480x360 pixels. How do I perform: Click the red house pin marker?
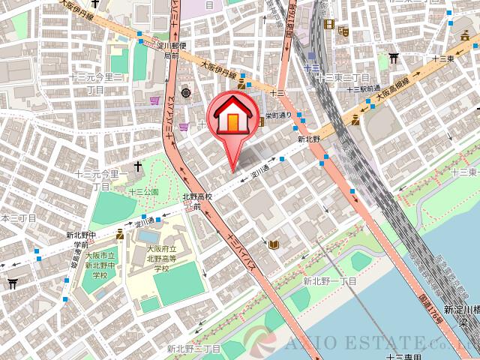click(x=233, y=116)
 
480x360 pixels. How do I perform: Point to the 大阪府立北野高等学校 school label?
click(x=161, y=258)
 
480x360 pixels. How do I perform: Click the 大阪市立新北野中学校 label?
click(x=100, y=265)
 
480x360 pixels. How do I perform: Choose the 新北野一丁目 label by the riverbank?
click(x=329, y=281)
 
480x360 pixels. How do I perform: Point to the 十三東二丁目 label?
click(x=343, y=77)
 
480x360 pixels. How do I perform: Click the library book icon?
click(x=274, y=244)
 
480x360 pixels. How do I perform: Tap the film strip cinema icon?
click(x=328, y=24)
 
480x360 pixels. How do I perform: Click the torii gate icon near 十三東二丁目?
click(x=393, y=58)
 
